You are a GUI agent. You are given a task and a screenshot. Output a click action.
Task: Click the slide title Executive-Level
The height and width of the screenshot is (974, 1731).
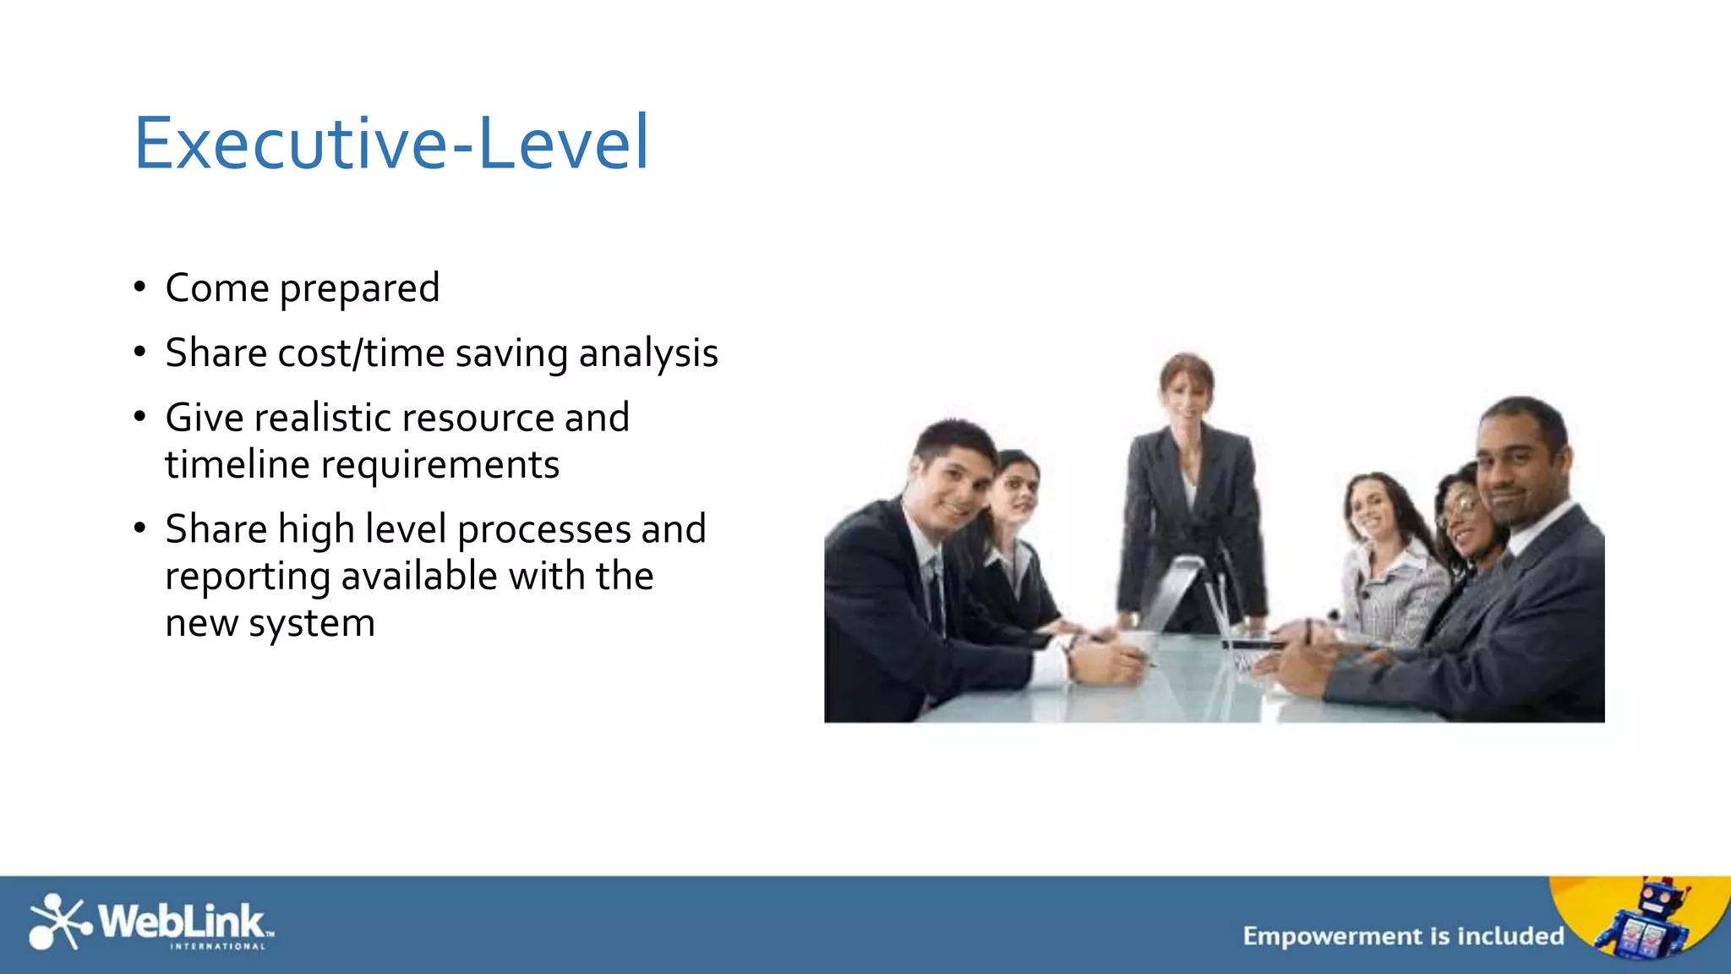point(391,144)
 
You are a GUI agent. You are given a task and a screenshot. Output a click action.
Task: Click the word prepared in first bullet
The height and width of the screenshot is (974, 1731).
point(359,289)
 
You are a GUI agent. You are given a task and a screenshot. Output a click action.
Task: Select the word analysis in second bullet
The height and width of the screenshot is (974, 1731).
point(648,353)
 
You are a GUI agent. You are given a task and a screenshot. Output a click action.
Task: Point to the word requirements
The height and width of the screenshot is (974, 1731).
point(440,465)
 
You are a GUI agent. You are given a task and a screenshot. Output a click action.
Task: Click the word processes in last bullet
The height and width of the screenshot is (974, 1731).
point(544,530)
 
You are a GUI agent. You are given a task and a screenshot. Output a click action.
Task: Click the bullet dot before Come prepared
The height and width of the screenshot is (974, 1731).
point(140,287)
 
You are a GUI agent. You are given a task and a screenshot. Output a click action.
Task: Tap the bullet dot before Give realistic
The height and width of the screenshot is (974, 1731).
point(140,417)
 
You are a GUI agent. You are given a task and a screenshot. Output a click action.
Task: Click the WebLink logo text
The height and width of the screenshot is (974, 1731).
point(183,921)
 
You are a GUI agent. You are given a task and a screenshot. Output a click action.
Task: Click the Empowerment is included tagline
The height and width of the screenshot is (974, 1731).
point(1403,936)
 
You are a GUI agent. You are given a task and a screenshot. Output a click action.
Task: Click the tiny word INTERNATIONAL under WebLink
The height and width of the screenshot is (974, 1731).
point(218,947)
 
